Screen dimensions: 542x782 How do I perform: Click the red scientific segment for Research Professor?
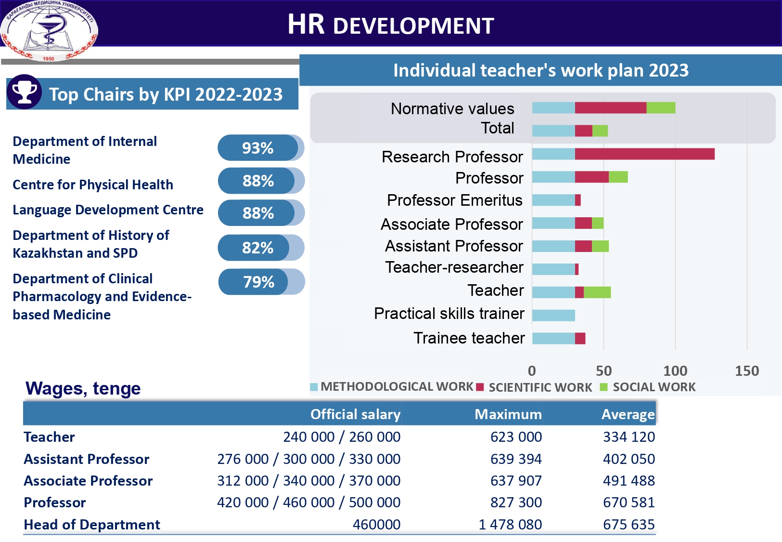tap(644, 154)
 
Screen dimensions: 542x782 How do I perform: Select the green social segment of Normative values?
tap(661, 108)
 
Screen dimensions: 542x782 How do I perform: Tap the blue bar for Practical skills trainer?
tap(553, 316)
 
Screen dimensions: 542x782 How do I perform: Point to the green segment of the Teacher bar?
tap(597, 292)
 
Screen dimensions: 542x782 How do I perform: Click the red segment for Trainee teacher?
tap(580, 339)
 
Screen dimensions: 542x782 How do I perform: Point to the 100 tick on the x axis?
tap(675, 370)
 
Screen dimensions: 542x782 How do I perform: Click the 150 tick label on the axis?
tap(747, 370)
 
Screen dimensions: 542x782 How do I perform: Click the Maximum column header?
tap(508, 414)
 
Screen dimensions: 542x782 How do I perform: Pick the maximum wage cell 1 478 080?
tap(510, 524)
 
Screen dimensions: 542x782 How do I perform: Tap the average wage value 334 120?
tap(628, 437)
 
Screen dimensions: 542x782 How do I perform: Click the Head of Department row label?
tap(92, 524)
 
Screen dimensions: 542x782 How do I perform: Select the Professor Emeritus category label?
tap(455, 200)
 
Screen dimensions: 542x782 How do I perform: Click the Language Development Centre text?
tap(108, 210)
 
